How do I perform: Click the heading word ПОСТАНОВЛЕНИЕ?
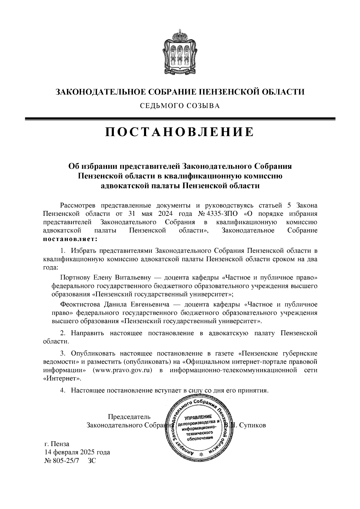click(x=179, y=132)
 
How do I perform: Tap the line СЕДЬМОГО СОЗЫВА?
click(x=179, y=106)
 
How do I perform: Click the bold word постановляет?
click(x=70, y=239)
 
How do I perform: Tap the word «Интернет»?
click(x=62, y=379)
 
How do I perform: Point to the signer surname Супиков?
click(x=252, y=425)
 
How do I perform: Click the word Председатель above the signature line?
click(x=129, y=417)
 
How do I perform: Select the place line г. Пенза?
click(x=56, y=444)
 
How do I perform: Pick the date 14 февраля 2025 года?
click(x=77, y=452)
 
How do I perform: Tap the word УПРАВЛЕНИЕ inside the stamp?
click(x=198, y=417)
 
